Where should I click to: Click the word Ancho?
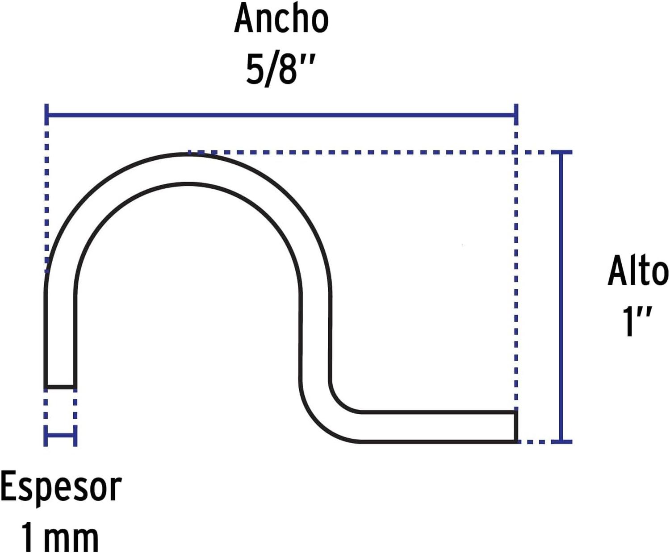pos(281,19)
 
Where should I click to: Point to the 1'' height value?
pos(637,321)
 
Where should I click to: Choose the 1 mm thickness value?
pos(60,536)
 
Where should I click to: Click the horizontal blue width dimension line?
pos(281,114)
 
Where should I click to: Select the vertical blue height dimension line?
pos(561,297)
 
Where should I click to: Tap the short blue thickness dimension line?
pos(61,436)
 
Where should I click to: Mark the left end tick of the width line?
pos(46,114)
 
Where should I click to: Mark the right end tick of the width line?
pos(516,114)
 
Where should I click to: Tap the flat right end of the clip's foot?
pos(515,427)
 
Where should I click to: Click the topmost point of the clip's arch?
pos(188,154)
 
